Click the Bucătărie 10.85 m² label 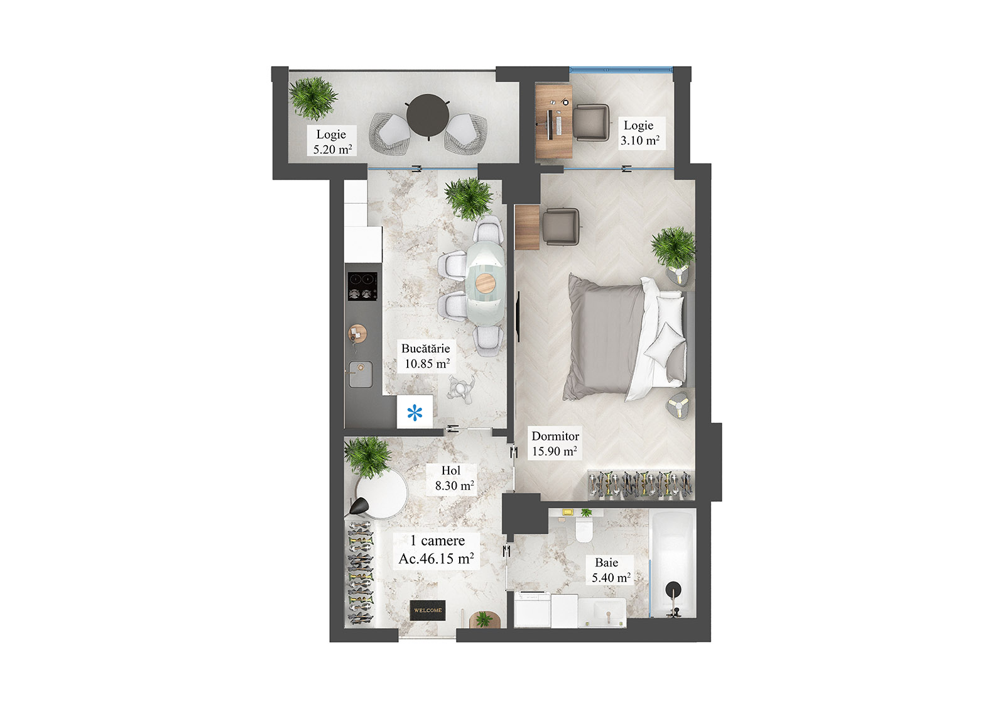(x=426, y=356)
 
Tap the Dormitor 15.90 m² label (x=555, y=443)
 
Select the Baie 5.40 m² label (x=609, y=570)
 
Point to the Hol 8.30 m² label (x=453, y=478)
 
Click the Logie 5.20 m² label (x=332, y=141)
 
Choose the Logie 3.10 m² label (x=639, y=133)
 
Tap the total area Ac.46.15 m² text (x=436, y=558)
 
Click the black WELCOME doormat (x=428, y=610)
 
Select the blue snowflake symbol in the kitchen (x=415, y=412)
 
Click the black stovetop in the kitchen (x=362, y=286)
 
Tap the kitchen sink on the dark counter (x=361, y=374)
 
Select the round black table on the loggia (x=427, y=115)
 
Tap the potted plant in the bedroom (x=673, y=246)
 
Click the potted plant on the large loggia (x=313, y=97)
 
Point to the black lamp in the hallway (x=360, y=505)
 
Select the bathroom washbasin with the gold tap (x=602, y=612)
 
